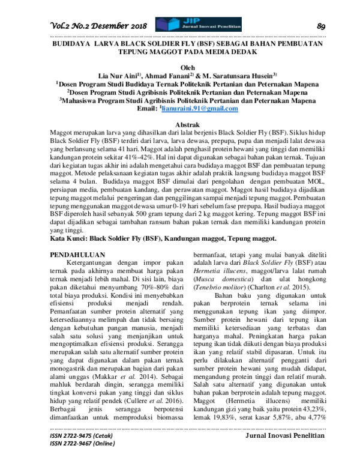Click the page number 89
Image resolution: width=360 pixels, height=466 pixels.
320,25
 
